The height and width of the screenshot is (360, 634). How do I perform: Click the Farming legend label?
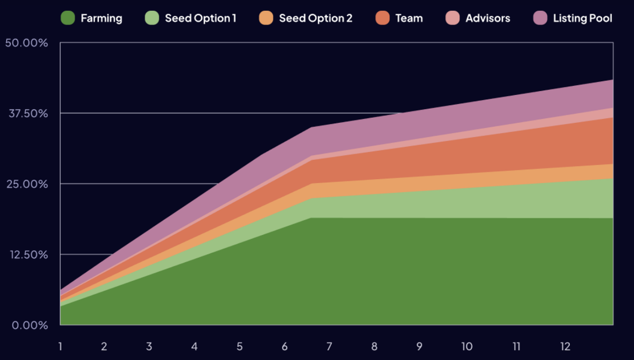coord(101,18)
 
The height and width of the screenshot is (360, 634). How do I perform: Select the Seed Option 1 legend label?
coord(200,18)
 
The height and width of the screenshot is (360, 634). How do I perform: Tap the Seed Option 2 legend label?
coord(315,18)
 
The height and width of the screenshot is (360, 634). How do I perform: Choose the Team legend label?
coord(409,18)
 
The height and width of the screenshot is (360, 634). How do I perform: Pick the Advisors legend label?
coord(488,18)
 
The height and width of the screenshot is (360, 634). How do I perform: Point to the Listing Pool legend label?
coord(582,18)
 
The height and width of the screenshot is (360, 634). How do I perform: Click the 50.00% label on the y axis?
coord(26,43)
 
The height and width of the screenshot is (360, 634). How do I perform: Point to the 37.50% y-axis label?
coord(26,113)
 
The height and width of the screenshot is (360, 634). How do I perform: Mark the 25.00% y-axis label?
coord(26,184)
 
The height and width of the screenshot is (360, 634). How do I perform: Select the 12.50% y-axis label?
coord(26,254)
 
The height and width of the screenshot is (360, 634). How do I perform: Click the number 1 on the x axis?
coord(60,347)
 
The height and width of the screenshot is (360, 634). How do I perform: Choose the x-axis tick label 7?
coord(329,347)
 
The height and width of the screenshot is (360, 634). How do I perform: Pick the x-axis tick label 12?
coord(565,347)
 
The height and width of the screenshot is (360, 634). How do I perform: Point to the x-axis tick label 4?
coord(194,347)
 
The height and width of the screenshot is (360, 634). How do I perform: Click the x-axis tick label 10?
coord(467,347)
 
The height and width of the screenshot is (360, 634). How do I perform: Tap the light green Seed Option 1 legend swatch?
coord(152,18)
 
